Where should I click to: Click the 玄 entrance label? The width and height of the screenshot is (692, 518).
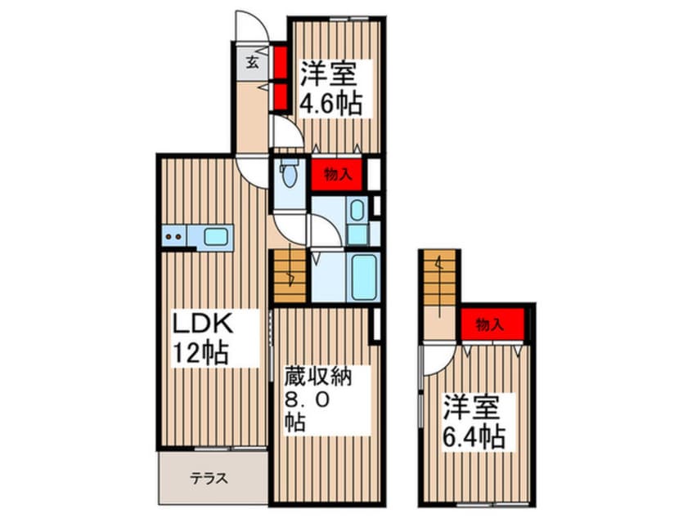coord(254,62)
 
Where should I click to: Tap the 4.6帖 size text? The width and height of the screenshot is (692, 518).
coord(330,105)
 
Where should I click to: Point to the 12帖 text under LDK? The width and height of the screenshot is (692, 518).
coord(200,354)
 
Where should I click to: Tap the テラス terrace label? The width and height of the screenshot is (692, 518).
coord(208,479)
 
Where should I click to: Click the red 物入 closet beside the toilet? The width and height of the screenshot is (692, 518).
coord(336,173)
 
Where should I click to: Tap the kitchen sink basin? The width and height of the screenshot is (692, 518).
coord(216,237)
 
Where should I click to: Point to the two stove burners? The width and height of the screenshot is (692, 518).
coord(173,238)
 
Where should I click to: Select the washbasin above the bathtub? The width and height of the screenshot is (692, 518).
coord(357,211)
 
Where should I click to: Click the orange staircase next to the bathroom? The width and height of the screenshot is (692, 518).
coord(287,276)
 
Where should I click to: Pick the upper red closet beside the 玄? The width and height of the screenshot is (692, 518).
coord(279,61)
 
